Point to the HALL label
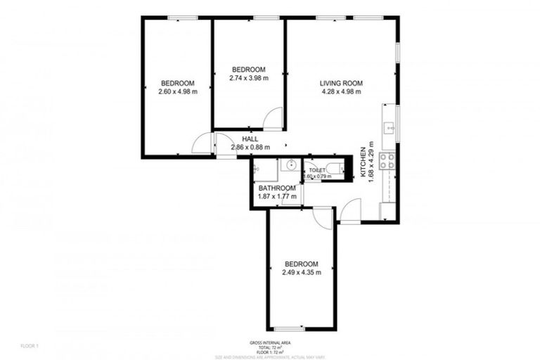[250, 139]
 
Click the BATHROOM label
[276, 188]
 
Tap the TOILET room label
[317, 169]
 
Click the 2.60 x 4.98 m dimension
[177, 91]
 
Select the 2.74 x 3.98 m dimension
[249, 78]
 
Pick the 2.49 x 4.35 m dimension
[301, 272]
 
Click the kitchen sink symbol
[389, 128]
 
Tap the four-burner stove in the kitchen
[387, 161]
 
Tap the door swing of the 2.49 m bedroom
[323, 217]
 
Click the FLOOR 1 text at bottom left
[30, 346]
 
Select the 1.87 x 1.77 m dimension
[276, 197]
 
